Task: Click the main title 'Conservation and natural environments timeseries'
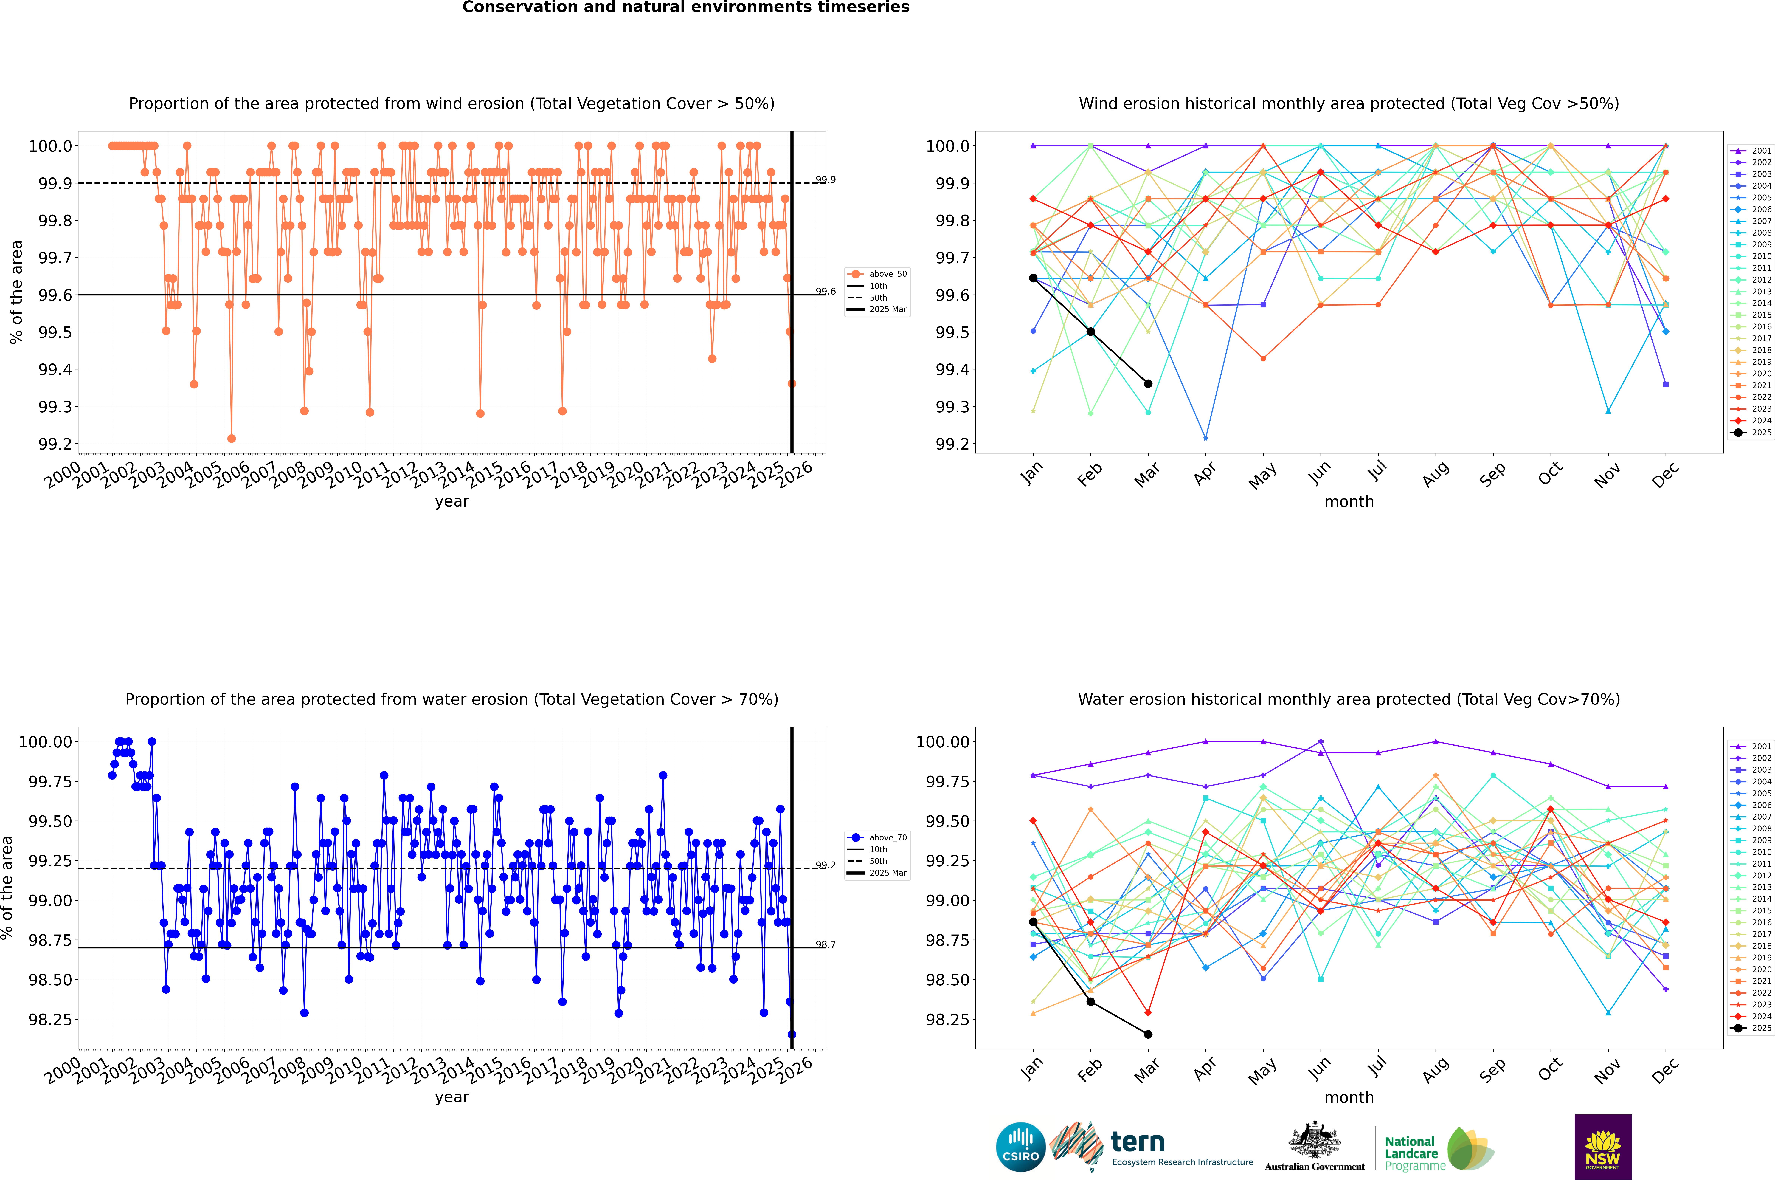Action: [685, 7]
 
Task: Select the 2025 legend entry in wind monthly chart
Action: [1753, 433]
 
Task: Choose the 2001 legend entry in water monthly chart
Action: [1753, 747]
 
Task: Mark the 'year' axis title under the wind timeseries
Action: [451, 501]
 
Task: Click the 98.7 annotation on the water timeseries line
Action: [826, 944]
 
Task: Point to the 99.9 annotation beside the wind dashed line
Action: [826, 180]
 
